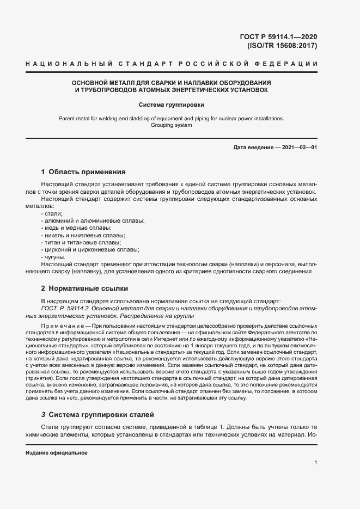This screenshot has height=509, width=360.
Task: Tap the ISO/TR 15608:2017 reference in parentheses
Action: click(282, 46)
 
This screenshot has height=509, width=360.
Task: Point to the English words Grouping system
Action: click(171, 125)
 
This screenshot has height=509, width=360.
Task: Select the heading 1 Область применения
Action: click(83, 171)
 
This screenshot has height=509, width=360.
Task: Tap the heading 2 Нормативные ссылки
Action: click(84, 288)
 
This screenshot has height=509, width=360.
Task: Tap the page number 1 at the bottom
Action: click(315, 462)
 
